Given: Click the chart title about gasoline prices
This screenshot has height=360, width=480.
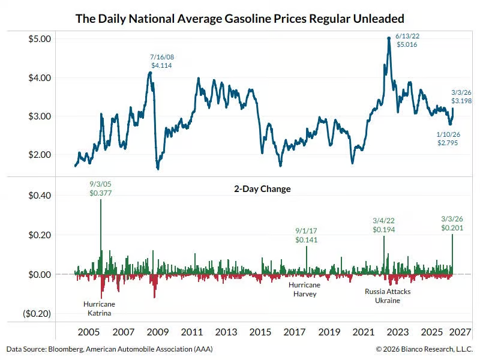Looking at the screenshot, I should (x=239, y=18).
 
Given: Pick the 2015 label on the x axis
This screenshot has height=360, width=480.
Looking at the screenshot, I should (x=260, y=332).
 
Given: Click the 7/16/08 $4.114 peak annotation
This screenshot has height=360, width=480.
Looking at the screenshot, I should (x=161, y=61).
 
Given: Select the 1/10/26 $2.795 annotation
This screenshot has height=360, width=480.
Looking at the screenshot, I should (x=449, y=139).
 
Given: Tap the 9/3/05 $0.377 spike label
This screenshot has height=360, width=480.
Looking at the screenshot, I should (x=101, y=188).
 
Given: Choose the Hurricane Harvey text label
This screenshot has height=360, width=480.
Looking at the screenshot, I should (x=304, y=289).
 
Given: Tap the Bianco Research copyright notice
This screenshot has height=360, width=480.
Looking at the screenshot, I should (x=424, y=349).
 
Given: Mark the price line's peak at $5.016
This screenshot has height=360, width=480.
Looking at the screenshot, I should (x=389, y=38).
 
